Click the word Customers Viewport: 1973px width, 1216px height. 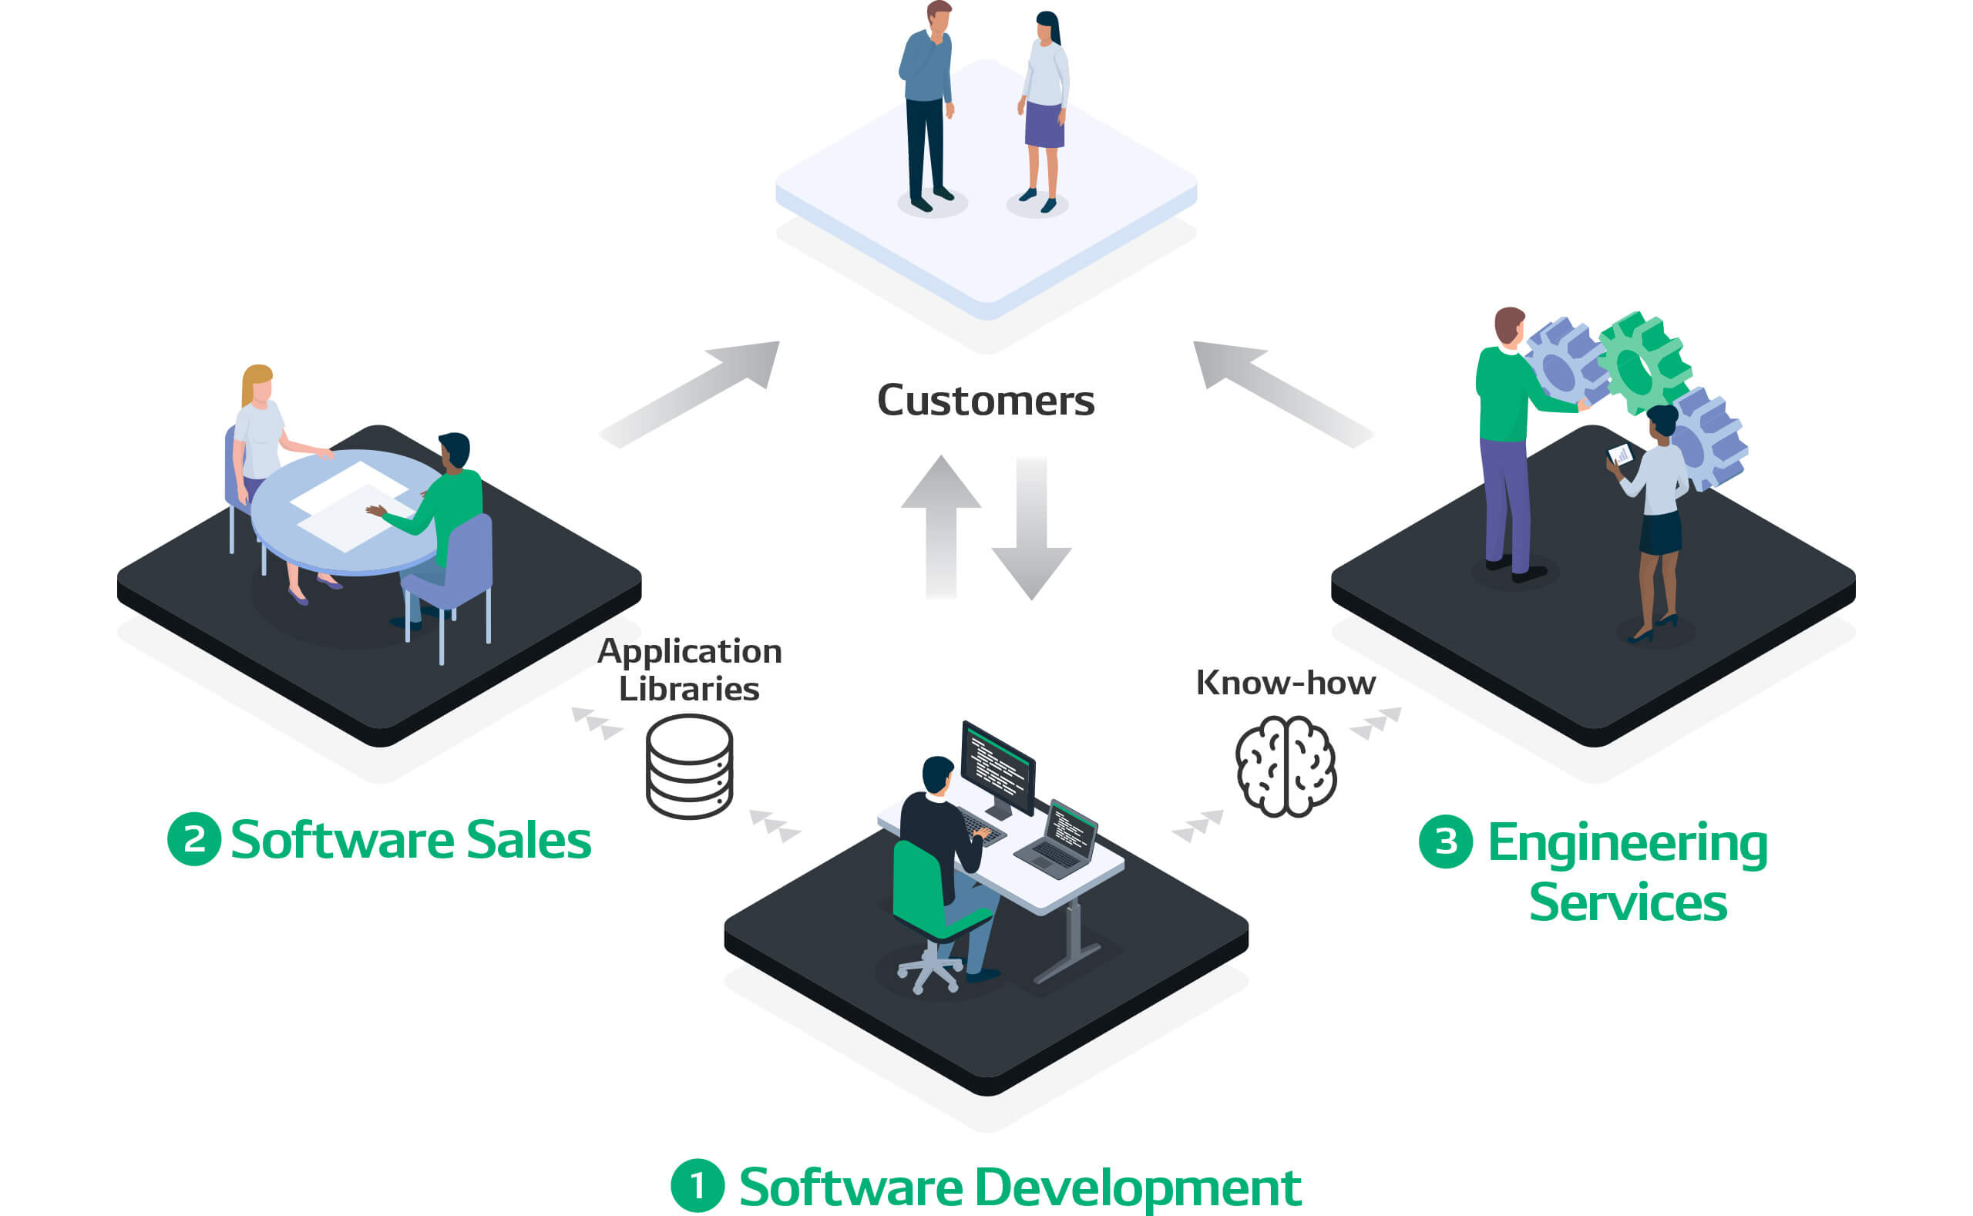click(x=985, y=401)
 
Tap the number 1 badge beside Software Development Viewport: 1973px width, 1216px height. click(x=697, y=1185)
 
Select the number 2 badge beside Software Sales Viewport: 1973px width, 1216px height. click(x=194, y=840)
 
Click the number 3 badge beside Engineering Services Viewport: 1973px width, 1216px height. click(x=1445, y=841)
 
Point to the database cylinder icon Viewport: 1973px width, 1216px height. click(x=689, y=767)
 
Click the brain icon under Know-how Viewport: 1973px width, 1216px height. click(x=1286, y=767)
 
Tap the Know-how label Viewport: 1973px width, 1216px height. click(x=1286, y=683)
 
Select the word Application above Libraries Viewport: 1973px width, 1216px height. click(x=689, y=651)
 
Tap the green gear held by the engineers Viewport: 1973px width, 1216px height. click(x=1642, y=364)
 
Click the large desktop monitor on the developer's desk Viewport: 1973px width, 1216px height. click(x=997, y=768)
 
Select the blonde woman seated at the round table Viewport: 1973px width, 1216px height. click(x=259, y=435)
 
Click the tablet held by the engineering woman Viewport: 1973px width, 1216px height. click(x=1619, y=455)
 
